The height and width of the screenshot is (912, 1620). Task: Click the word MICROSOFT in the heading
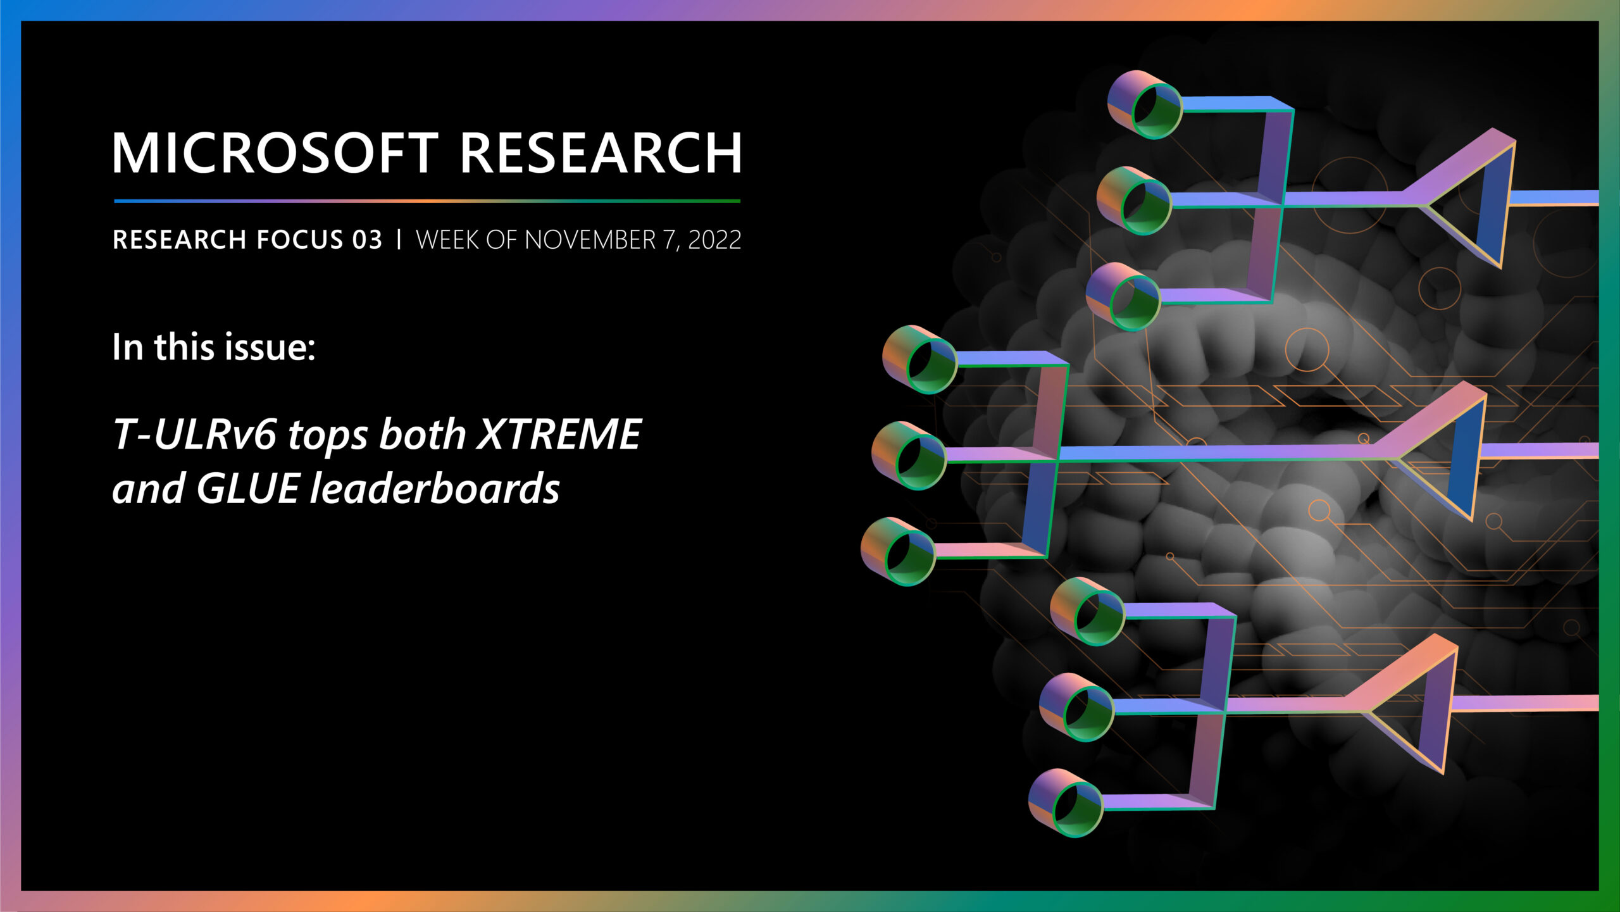275,153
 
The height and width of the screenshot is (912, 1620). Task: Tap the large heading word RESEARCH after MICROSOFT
601,153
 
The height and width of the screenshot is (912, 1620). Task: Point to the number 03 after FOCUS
367,240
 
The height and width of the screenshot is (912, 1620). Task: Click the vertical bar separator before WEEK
399,240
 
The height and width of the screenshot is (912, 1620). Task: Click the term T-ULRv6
195,435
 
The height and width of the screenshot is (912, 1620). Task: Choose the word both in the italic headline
422,435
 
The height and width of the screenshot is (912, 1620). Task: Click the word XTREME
559,435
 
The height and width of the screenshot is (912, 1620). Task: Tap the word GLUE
247,489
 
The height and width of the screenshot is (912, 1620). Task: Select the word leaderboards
434,489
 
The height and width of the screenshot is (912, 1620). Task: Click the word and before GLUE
149,489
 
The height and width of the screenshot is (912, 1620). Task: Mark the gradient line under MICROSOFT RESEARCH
427,201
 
